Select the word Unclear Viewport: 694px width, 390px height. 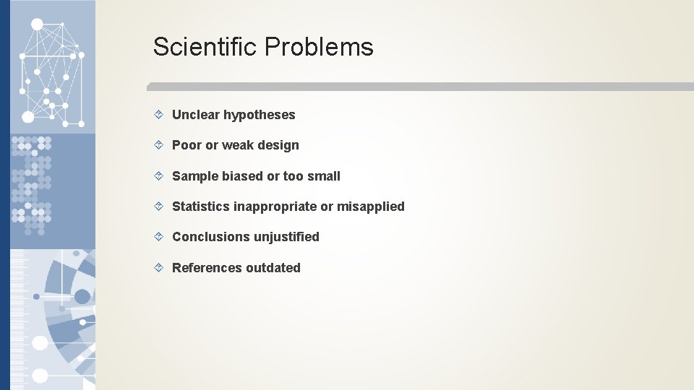196,115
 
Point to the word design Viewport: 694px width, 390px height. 278,145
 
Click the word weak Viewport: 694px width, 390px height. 237,145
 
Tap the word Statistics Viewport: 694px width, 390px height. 201,207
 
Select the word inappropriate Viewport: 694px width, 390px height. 275,207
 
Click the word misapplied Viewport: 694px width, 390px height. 371,207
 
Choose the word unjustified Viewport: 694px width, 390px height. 286,237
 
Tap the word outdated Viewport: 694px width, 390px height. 273,268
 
